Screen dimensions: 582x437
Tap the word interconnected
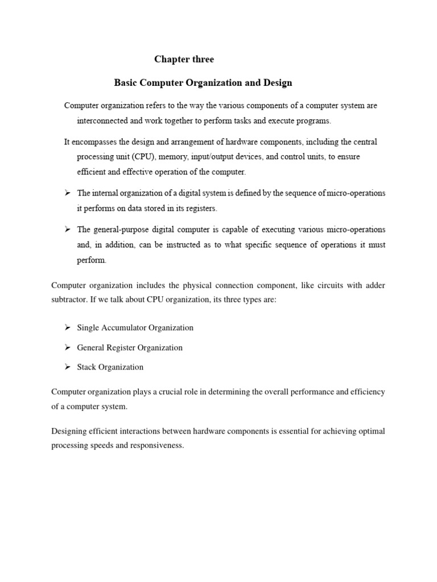point(105,121)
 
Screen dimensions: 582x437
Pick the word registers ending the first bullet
point(201,209)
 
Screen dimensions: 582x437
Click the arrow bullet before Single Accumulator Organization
point(67,327)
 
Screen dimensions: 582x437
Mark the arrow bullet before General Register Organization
point(67,347)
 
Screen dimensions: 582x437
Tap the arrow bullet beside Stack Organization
point(67,367)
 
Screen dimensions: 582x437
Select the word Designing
point(70,431)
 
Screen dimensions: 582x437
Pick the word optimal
point(372,431)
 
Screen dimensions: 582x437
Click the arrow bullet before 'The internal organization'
point(67,193)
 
